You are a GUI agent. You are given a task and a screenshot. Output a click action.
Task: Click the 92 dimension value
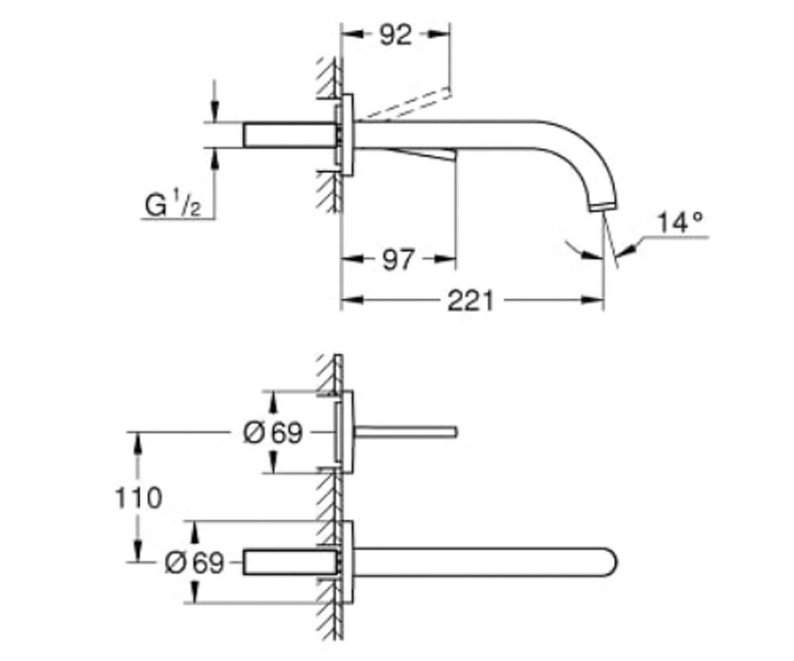pos(396,35)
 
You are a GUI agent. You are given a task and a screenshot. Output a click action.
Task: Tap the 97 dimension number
pos(398,260)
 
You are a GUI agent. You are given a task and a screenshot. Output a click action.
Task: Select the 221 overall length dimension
pos(470,301)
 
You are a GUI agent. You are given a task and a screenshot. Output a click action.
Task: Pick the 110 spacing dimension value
pos(138,498)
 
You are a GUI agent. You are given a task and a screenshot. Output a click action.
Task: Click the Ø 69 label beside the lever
pos(273,433)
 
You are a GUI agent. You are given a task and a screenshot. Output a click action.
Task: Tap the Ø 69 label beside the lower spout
pos(195,563)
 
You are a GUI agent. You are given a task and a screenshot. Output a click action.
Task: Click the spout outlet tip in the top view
pos(603,208)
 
